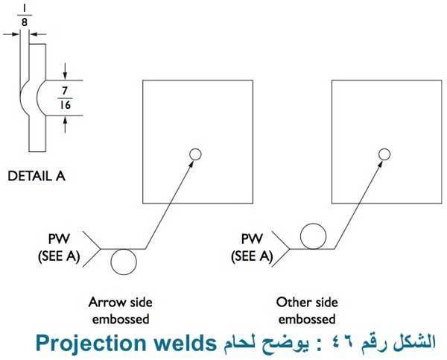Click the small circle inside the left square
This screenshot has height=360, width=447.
point(195,154)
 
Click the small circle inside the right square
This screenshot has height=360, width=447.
point(384,154)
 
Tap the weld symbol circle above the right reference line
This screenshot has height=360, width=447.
point(314,235)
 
